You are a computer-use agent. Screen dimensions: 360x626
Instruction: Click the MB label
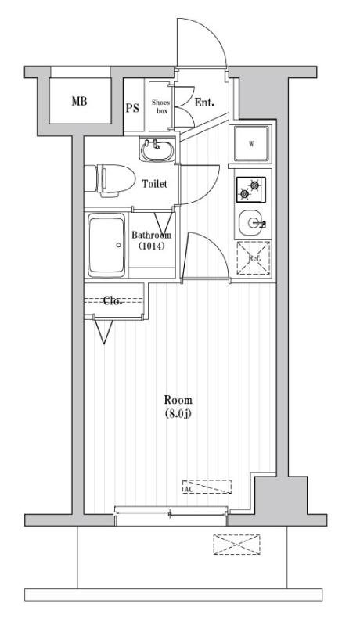point(79,102)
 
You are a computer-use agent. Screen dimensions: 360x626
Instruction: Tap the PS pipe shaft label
point(133,108)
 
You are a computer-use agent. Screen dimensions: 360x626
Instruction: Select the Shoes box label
point(160,106)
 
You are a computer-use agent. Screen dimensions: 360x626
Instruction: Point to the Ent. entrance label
point(204,103)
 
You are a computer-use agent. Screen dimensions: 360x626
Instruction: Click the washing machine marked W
point(251,144)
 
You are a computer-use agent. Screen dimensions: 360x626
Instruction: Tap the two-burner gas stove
point(250,189)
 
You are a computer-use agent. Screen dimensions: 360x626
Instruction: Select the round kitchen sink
point(250,223)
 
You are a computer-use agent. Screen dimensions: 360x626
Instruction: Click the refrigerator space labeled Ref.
point(254,258)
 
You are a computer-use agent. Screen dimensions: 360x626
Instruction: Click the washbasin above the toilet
point(157,149)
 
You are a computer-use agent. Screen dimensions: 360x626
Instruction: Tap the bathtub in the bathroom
point(106,245)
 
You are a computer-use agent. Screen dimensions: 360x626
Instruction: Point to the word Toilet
point(155,184)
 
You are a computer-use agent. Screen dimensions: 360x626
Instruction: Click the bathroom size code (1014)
point(152,246)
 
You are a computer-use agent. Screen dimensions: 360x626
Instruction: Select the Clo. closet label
point(112,301)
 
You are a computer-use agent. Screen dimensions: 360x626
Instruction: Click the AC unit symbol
point(207,487)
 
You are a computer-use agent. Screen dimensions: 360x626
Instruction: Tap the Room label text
point(178,400)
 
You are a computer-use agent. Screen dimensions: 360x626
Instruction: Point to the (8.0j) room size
point(178,414)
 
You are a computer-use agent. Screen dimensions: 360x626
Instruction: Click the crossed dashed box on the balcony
point(236,545)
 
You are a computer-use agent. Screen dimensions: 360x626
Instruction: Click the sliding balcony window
point(171,516)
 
